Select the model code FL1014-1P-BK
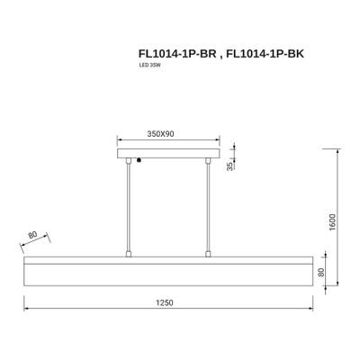coord(264,53)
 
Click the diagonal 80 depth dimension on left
coord(34,237)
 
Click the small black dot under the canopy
coord(138,162)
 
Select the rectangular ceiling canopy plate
coord(168,156)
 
